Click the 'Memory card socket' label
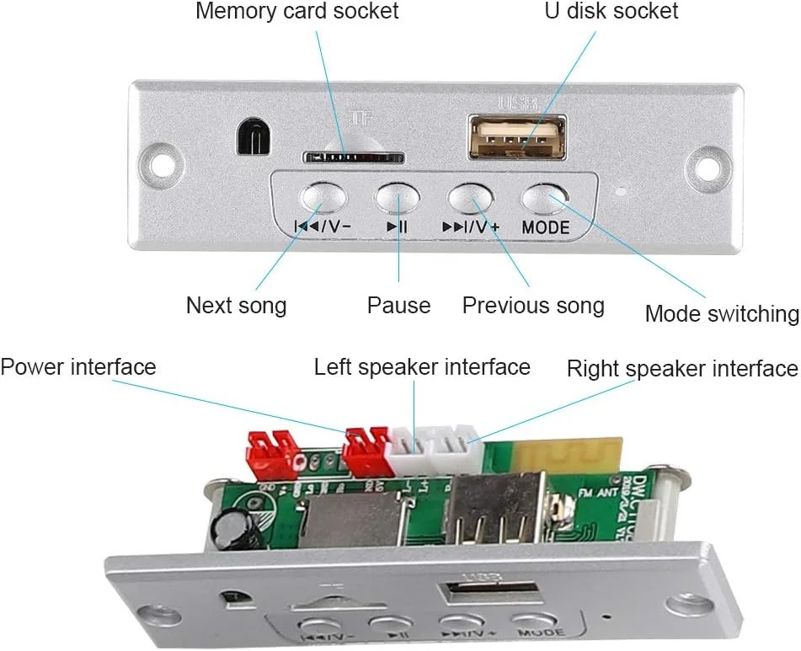click(296, 12)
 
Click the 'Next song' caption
click(236, 305)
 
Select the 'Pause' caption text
click(398, 305)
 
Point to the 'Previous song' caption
click(533, 305)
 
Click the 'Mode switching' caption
click(721, 314)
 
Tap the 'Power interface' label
click(78, 367)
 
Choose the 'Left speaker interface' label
click(422, 367)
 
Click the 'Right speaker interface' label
click(681, 369)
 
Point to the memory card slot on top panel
click(353, 157)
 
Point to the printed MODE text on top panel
click(545, 227)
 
